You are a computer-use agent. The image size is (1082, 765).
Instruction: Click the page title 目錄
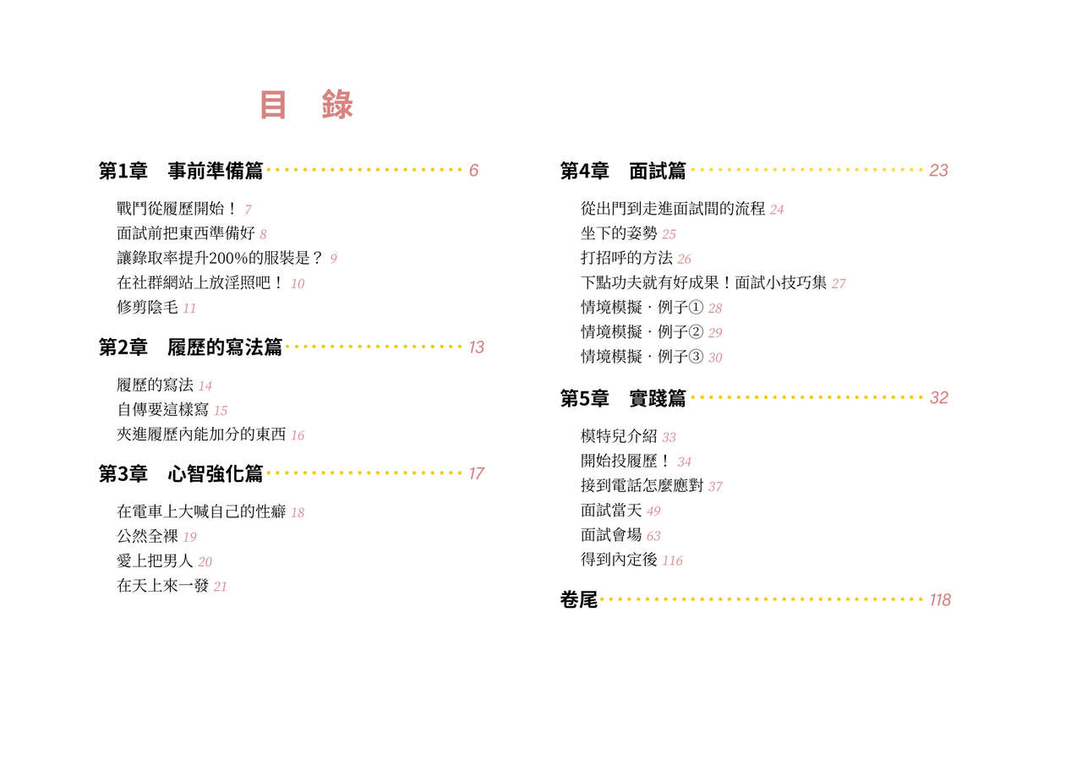click(x=307, y=104)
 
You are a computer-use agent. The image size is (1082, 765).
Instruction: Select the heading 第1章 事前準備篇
click(x=181, y=171)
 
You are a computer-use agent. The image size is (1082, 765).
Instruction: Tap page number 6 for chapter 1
click(x=473, y=170)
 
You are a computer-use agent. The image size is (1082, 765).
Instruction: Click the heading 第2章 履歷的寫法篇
click(x=190, y=347)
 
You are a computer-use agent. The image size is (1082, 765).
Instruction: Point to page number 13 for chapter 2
click(x=476, y=347)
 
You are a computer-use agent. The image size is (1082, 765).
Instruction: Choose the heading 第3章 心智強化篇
click(x=181, y=473)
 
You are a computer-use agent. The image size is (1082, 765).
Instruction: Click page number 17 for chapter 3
click(x=476, y=473)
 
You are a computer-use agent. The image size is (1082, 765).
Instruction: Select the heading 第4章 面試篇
click(x=623, y=171)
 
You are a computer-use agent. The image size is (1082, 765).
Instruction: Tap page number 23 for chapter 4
click(x=938, y=170)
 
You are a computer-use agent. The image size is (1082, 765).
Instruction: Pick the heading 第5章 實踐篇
click(x=623, y=398)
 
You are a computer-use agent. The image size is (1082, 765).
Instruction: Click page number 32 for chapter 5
click(x=939, y=397)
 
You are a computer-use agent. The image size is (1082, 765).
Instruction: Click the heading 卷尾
click(x=579, y=600)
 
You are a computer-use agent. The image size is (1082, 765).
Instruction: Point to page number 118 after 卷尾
click(x=940, y=600)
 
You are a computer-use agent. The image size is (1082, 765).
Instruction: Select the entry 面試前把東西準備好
click(x=186, y=233)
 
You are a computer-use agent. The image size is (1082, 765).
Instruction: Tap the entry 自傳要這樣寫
click(x=163, y=409)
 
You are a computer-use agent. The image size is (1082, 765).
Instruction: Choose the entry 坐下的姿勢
click(x=619, y=233)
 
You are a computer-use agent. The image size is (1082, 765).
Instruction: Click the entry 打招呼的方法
click(x=626, y=258)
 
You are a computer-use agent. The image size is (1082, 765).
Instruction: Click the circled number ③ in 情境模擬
click(x=696, y=357)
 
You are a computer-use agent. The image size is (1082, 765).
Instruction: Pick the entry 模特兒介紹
click(x=619, y=436)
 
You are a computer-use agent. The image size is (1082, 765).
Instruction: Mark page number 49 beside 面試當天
click(x=653, y=511)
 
